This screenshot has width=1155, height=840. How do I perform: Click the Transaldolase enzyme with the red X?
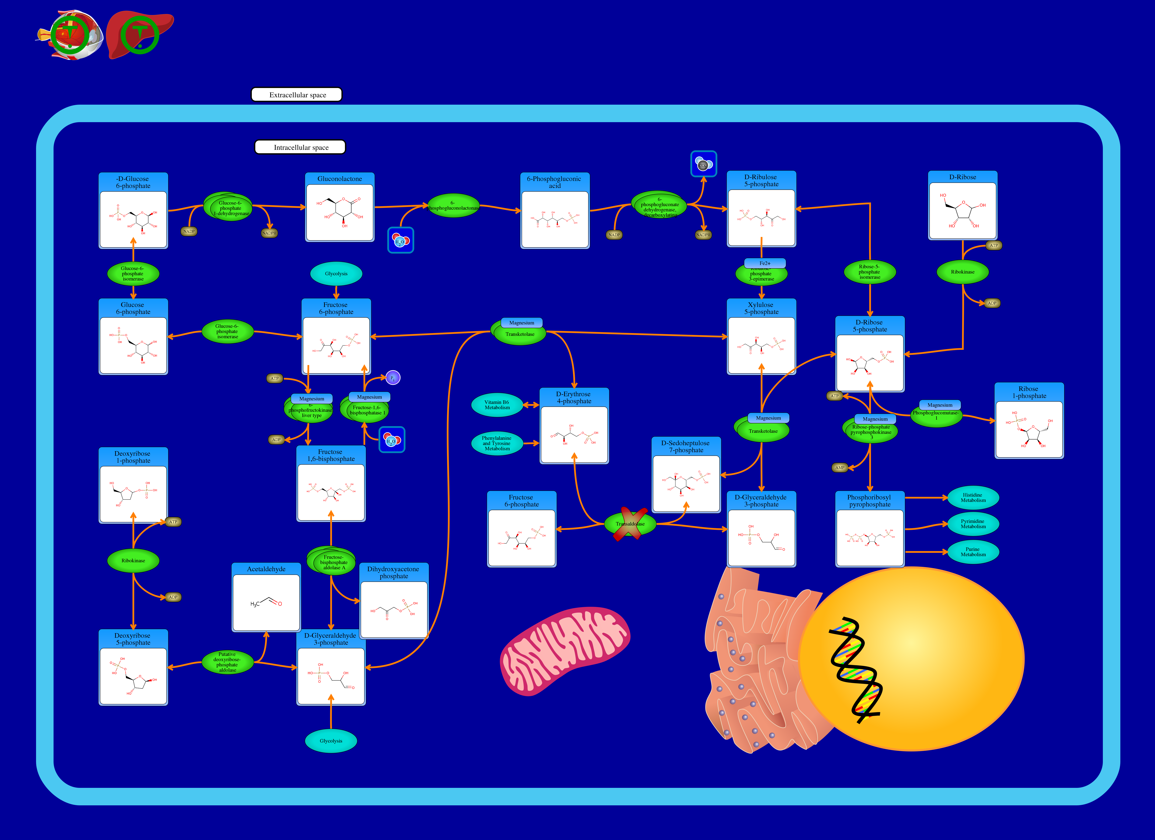630,524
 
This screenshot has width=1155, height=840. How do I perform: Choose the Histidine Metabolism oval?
973,498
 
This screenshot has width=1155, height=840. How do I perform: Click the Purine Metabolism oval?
973,552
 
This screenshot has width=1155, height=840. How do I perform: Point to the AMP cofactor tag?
840,467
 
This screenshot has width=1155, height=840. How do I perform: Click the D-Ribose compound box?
962,205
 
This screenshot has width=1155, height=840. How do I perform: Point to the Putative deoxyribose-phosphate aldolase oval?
227,662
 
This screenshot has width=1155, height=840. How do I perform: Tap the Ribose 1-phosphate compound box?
1029,421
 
